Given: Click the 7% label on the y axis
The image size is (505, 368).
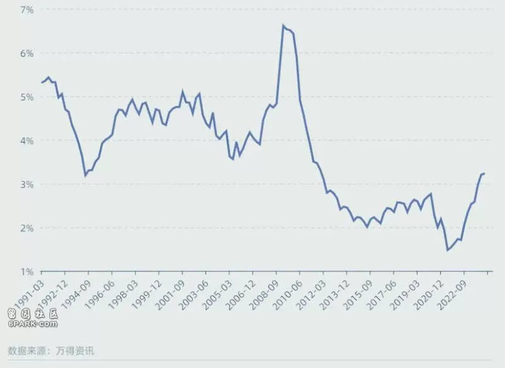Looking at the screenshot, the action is (27, 10).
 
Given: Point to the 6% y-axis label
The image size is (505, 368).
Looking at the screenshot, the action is (27, 54).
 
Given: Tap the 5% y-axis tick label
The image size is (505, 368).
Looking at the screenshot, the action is (27, 97).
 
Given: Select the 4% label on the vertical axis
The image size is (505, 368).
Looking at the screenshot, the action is (27, 141).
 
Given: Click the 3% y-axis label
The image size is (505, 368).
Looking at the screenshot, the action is (27, 184).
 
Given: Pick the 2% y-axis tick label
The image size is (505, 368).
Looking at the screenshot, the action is (27, 229).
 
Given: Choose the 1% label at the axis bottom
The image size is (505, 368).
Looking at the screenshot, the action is (27, 272).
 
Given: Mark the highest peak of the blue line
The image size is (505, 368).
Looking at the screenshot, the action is (283, 25).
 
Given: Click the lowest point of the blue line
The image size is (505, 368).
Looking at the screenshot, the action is (447, 250).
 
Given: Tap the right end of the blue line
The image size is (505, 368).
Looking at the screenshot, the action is (484, 174).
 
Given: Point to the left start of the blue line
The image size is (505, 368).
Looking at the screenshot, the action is (42, 83).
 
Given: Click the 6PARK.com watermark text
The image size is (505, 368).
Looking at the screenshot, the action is (33, 324).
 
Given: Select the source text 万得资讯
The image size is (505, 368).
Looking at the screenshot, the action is (75, 350).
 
